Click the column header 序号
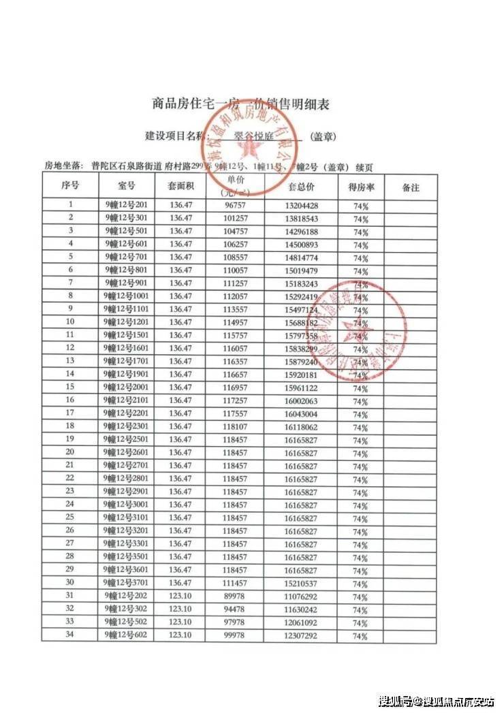(x=70, y=186)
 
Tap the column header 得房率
(x=360, y=187)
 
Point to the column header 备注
(x=411, y=187)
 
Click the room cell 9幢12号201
(x=127, y=205)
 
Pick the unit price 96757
(x=236, y=205)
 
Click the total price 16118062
(x=300, y=427)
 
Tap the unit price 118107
(x=236, y=427)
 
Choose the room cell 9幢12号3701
(x=127, y=583)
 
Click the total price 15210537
(x=300, y=584)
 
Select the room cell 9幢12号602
(x=127, y=635)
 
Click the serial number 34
(x=69, y=635)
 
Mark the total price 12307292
(x=300, y=636)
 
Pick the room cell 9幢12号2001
(x=127, y=387)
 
